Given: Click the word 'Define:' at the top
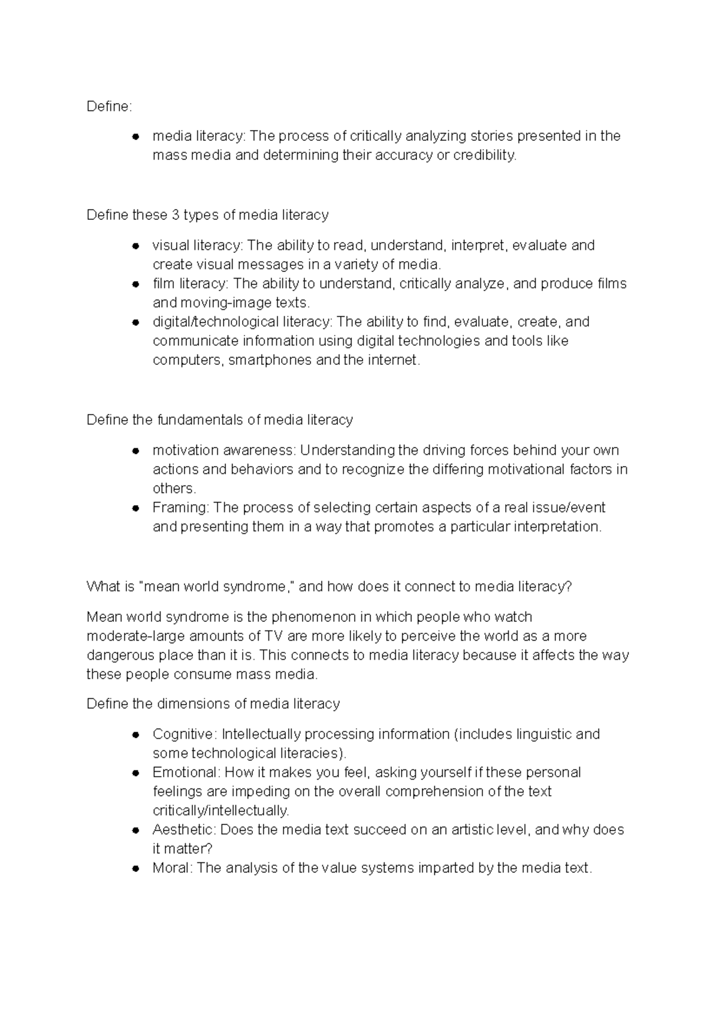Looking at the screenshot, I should pyautogui.click(x=108, y=107).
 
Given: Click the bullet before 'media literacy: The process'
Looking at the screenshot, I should pyautogui.click(x=136, y=137).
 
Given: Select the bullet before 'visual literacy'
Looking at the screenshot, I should pyautogui.click(x=136, y=246).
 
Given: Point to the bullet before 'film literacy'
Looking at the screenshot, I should pyautogui.click(x=136, y=284).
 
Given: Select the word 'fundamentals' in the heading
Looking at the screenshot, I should pyautogui.click(x=200, y=420).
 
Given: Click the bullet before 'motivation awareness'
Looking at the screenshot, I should pyautogui.click(x=136, y=451).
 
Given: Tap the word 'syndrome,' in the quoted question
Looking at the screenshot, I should pyautogui.click(x=259, y=587).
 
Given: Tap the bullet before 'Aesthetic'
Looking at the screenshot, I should pyautogui.click(x=136, y=830).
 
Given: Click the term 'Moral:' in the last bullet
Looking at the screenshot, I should pyautogui.click(x=173, y=868).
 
